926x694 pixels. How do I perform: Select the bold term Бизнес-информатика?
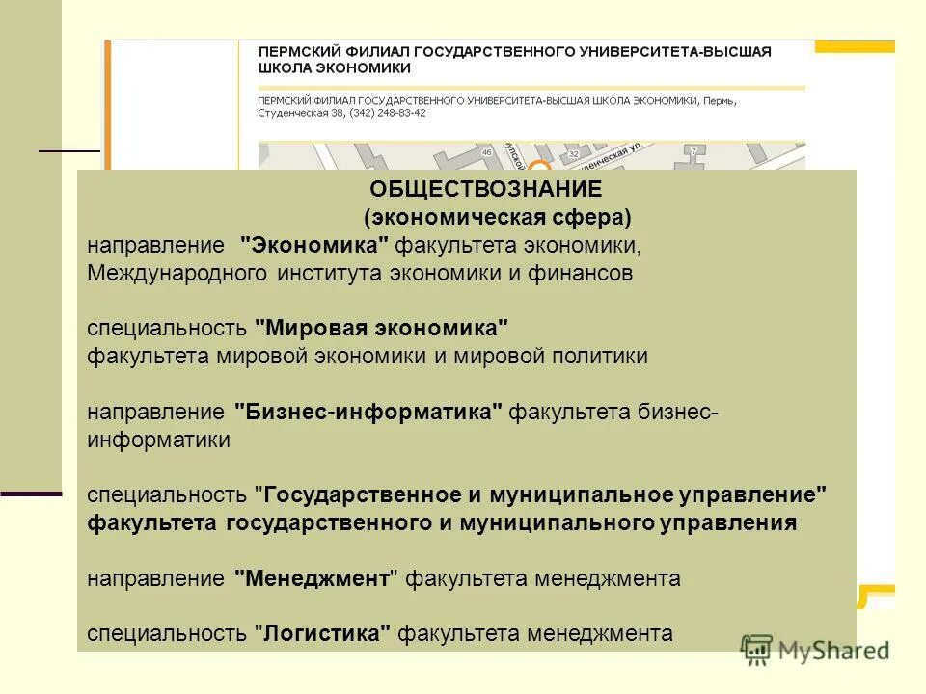pos(368,412)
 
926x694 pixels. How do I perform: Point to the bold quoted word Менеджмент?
pos(317,578)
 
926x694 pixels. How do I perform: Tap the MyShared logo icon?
pos(756,649)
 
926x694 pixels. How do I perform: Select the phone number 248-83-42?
pos(396,113)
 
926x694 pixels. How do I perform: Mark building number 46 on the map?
pos(486,152)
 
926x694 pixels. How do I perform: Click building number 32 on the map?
pos(574,153)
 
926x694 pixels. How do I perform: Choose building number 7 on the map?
pos(694,151)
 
